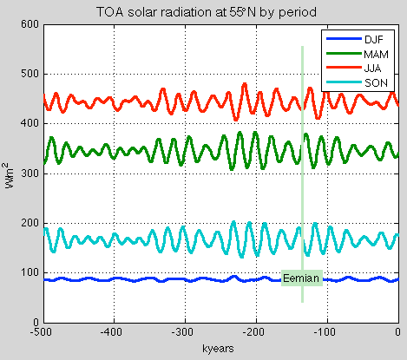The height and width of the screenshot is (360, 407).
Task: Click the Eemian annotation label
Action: (301, 278)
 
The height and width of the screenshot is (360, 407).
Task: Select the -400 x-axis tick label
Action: (111, 332)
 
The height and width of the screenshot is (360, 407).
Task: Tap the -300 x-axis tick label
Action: (182, 332)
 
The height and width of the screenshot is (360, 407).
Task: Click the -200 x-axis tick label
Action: (254, 332)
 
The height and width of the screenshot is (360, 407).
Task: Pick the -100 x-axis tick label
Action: (325, 332)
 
